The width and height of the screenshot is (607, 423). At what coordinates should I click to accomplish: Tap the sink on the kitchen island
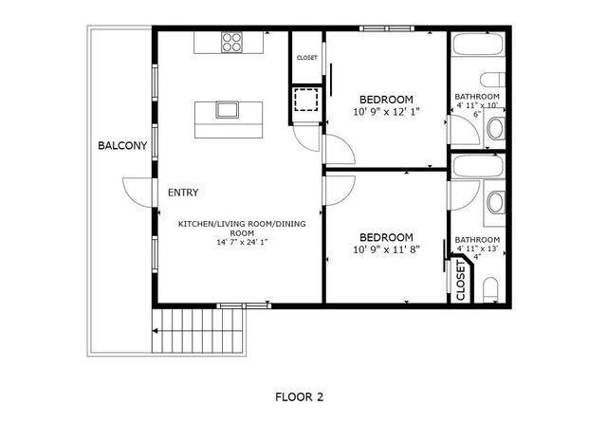[x=227, y=110]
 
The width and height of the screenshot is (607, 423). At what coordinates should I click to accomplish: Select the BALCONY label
[x=122, y=146]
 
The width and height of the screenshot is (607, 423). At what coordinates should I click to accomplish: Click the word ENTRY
[x=183, y=193]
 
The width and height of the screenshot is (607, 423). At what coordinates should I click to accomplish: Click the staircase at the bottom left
[x=200, y=330]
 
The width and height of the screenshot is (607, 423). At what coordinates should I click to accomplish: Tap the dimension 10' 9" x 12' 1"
[x=386, y=112]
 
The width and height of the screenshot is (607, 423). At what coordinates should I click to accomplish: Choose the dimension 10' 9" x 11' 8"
[x=386, y=249]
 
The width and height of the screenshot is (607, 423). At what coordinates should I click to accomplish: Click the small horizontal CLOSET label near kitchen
[x=307, y=58]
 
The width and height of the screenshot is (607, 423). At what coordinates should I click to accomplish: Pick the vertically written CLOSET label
[x=461, y=282]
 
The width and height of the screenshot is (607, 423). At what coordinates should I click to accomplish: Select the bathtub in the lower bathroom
[x=480, y=166]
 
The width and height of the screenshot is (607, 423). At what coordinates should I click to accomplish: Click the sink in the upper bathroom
[x=494, y=133]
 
